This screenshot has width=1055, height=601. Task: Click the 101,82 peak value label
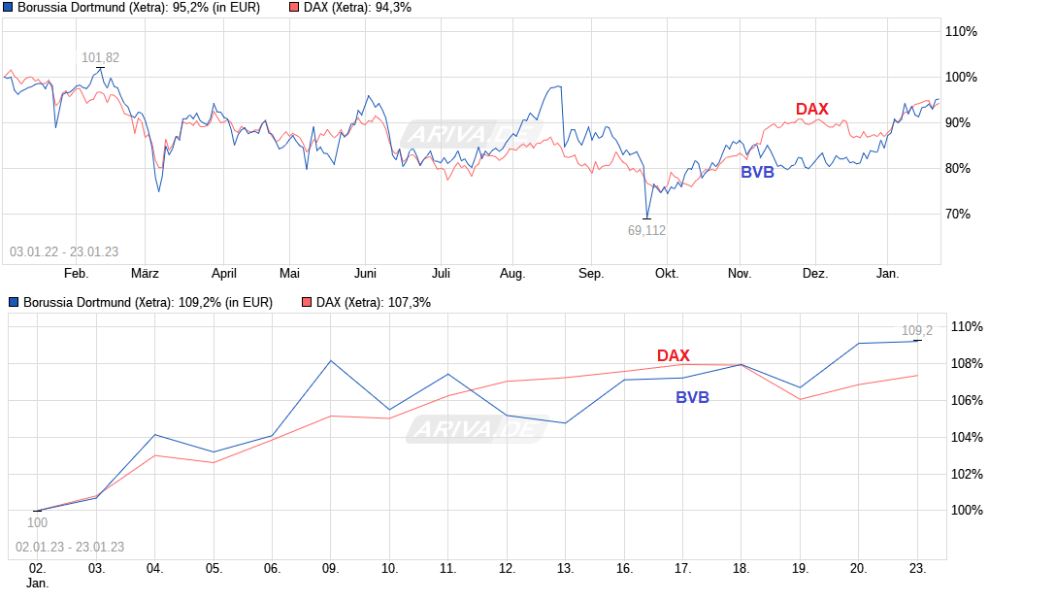click(100, 58)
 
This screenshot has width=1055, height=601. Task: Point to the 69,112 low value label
click(646, 230)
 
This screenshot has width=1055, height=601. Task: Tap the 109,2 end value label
click(917, 330)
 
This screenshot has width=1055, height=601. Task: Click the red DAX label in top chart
click(811, 109)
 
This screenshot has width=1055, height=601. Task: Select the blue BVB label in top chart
click(757, 172)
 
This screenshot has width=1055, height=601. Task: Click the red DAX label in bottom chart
click(673, 355)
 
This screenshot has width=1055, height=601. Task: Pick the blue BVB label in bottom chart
click(692, 397)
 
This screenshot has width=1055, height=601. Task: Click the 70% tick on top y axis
click(962, 215)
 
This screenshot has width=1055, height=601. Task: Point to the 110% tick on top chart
click(962, 32)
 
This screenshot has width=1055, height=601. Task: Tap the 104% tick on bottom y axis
click(966, 437)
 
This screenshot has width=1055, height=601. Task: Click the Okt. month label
click(666, 274)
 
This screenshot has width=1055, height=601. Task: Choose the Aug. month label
click(511, 274)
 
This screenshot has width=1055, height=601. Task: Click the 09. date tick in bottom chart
click(330, 569)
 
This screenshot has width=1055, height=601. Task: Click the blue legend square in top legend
click(10, 8)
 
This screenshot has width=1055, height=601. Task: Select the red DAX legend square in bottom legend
click(307, 303)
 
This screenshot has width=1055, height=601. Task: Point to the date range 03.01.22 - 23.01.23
click(64, 252)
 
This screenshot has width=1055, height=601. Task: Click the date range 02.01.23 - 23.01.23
click(70, 547)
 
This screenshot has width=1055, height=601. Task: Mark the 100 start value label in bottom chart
click(37, 522)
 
